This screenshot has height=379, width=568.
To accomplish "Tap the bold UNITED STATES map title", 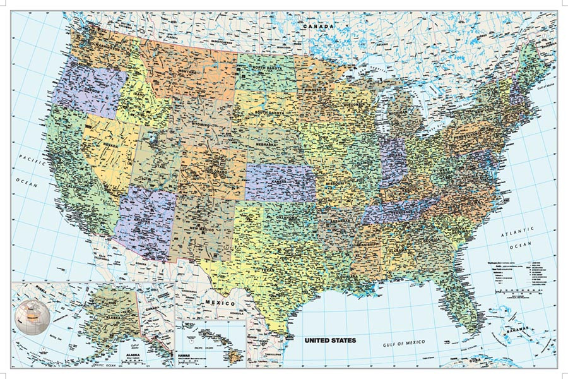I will pyautogui.click(x=330, y=340).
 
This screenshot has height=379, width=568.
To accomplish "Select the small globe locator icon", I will pyautogui.click(x=30, y=312).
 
